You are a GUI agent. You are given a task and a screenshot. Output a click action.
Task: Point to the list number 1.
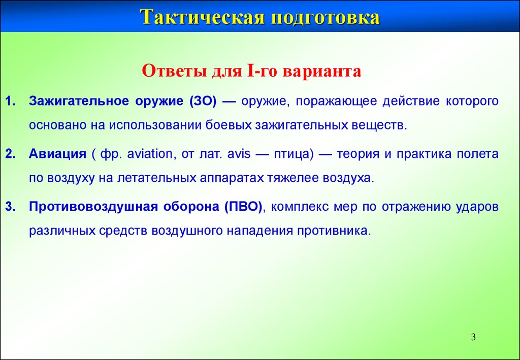11,101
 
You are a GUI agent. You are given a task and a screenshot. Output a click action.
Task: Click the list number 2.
11,154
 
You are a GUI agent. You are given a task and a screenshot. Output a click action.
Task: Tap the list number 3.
11,207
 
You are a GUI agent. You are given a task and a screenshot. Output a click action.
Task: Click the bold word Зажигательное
79,102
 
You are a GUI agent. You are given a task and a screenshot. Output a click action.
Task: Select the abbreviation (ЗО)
203,102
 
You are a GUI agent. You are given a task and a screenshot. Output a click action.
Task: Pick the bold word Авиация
57,154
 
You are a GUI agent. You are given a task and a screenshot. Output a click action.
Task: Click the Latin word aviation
150,154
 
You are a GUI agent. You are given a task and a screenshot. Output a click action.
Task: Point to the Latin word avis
239,154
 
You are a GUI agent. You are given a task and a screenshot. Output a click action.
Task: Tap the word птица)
294,154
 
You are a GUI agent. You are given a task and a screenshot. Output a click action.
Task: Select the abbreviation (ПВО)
243,207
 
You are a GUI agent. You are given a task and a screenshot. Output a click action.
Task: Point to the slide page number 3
473,338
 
